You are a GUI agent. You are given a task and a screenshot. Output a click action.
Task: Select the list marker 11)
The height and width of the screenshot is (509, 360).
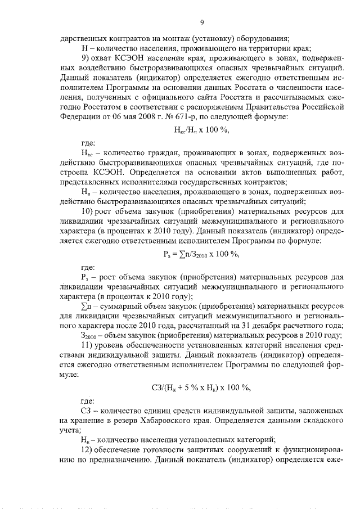coord(88,344)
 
